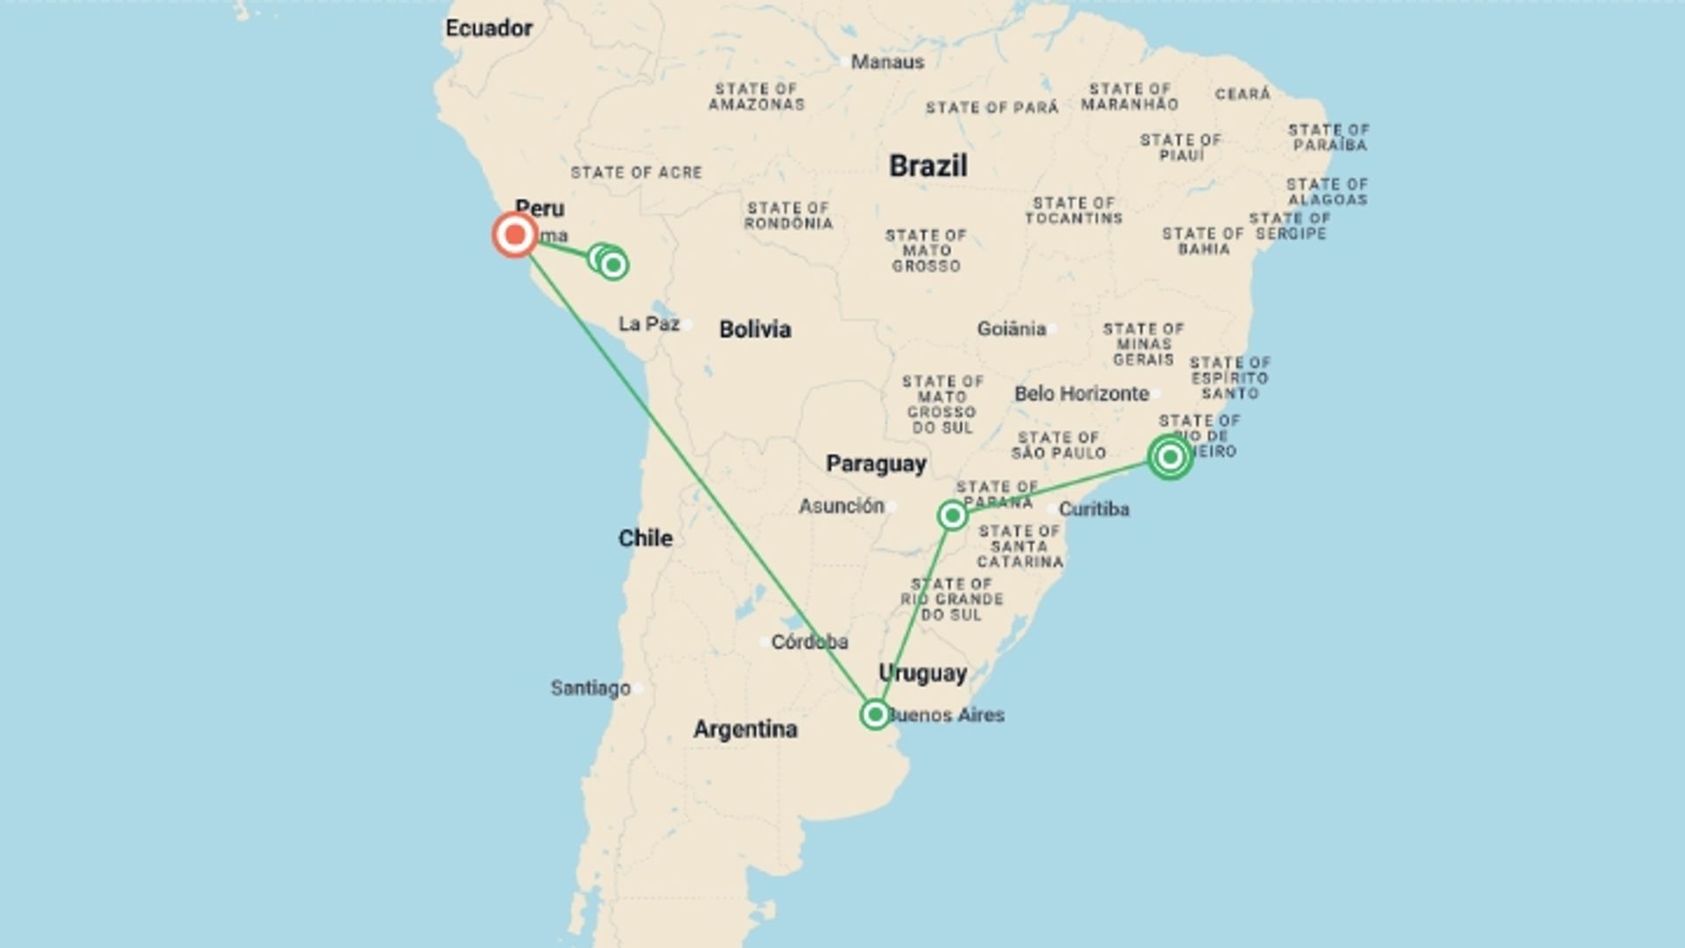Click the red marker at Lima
coord(515,234)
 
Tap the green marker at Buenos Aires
coord(875,715)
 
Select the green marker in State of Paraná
coord(952,515)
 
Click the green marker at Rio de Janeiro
coord(1170,456)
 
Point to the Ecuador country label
coord(489,28)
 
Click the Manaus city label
coord(887,62)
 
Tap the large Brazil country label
coord(928,166)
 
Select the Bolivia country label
coord(755,329)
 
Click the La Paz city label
coord(649,324)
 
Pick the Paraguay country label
coord(876,463)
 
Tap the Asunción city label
coord(841,506)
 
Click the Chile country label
coord(645,538)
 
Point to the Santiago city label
coord(591,688)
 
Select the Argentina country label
coord(745,729)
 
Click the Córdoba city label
coord(809,643)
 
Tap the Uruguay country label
coord(922,673)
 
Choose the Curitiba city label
coord(1093,509)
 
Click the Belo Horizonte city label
coord(1081,394)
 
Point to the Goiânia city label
coord(1011,329)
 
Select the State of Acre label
coord(636,173)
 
